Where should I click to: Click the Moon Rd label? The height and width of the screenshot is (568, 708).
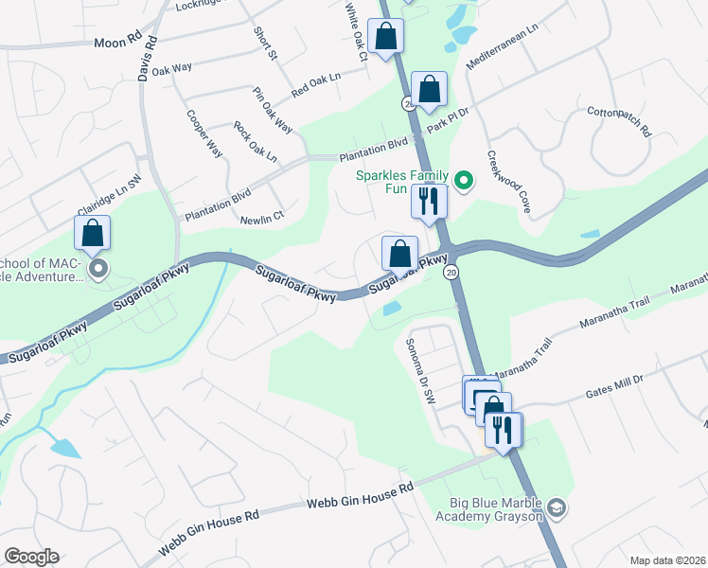point(117,42)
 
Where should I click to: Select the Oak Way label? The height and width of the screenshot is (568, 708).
point(171,69)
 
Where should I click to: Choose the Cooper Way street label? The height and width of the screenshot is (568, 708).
point(204,135)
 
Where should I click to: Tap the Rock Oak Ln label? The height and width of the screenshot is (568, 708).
point(255,141)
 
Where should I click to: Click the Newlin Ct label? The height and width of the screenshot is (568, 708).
point(265,217)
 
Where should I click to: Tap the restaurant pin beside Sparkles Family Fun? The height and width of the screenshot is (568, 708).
point(429,201)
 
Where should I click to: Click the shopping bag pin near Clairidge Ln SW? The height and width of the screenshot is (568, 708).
point(93,232)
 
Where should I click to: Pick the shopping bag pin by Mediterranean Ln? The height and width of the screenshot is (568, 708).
point(429,90)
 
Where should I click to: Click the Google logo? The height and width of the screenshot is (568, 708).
point(31,557)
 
